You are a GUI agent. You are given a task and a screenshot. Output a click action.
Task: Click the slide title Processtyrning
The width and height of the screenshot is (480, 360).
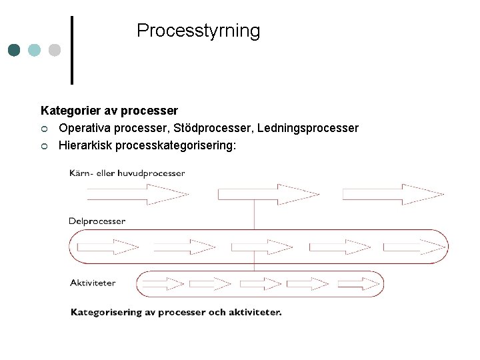198,31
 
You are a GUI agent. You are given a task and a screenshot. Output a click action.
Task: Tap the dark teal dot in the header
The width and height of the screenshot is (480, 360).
15,50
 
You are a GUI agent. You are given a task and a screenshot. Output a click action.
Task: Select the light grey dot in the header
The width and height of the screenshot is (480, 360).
55,50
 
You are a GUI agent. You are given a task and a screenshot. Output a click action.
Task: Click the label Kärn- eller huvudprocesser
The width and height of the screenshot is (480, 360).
127,173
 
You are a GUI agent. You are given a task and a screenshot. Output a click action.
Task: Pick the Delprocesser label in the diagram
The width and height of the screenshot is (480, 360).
97,221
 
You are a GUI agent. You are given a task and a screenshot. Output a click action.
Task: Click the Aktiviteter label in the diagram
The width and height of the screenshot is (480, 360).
93,283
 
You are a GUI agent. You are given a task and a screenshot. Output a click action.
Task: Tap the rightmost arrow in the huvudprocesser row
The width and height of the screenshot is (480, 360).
393,194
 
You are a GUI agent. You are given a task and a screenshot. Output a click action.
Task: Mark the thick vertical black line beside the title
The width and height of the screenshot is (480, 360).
72,50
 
